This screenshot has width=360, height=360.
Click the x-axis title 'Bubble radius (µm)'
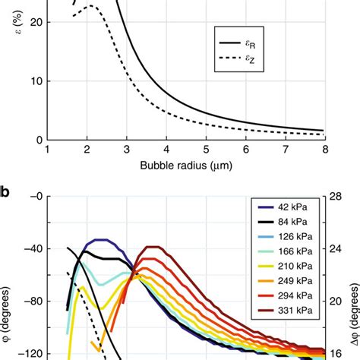click(187, 164)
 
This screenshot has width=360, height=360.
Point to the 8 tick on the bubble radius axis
click(324, 150)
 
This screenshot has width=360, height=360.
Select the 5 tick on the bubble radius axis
click(206, 150)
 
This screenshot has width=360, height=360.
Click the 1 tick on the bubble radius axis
click(48, 150)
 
